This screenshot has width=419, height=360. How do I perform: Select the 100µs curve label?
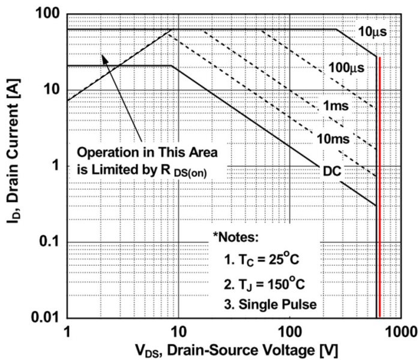point(346,68)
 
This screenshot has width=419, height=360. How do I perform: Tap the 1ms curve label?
point(336,106)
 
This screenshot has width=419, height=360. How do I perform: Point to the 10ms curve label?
point(332,139)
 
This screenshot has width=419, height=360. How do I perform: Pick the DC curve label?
point(331,171)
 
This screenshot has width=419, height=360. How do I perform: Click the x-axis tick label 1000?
point(397,331)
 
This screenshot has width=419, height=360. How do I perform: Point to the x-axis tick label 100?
point(290,331)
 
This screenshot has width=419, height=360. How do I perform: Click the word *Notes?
point(235,237)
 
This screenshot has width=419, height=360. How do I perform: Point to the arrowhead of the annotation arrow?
point(104,56)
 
